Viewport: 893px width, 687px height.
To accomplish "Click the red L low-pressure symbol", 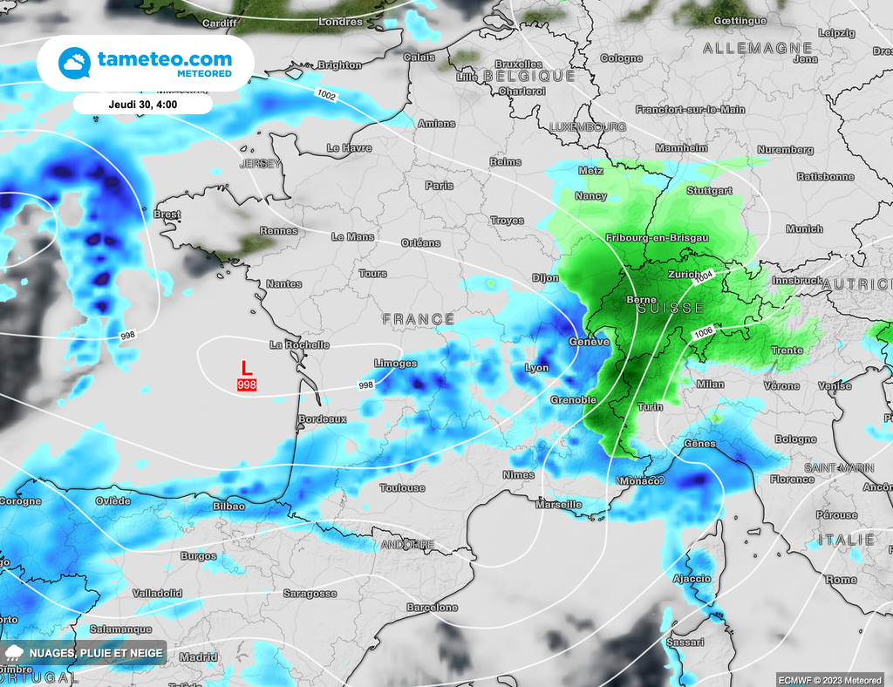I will click(x=246, y=369).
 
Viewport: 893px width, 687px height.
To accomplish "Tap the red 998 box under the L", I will click(x=247, y=384).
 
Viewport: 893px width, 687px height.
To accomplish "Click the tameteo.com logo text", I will click(x=165, y=59).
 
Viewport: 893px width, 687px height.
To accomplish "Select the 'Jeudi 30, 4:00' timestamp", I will click(x=143, y=103).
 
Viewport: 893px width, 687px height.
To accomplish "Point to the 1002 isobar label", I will click(x=327, y=94).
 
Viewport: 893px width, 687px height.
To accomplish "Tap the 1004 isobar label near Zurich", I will click(x=703, y=275).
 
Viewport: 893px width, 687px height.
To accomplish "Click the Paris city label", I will click(x=440, y=186).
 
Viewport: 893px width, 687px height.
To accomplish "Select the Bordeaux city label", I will click(x=323, y=419).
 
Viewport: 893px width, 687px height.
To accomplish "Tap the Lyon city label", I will click(x=537, y=368).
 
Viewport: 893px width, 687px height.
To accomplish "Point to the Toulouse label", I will click(x=403, y=488).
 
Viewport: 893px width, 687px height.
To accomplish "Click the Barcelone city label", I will click(x=433, y=608).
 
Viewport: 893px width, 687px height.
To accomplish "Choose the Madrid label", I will click(x=199, y=657).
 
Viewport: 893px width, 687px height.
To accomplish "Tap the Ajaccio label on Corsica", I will click(x=692, y=579).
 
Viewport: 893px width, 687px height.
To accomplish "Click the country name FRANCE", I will click(x=419, y=320).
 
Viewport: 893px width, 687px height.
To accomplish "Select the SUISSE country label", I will click(x=670, y=309).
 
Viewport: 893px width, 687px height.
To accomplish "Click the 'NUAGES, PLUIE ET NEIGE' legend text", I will click(x=95, y=653).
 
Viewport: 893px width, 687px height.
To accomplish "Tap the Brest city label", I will click(x=167, y=214).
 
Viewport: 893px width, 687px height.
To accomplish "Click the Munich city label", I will click(x=804, y=229).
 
